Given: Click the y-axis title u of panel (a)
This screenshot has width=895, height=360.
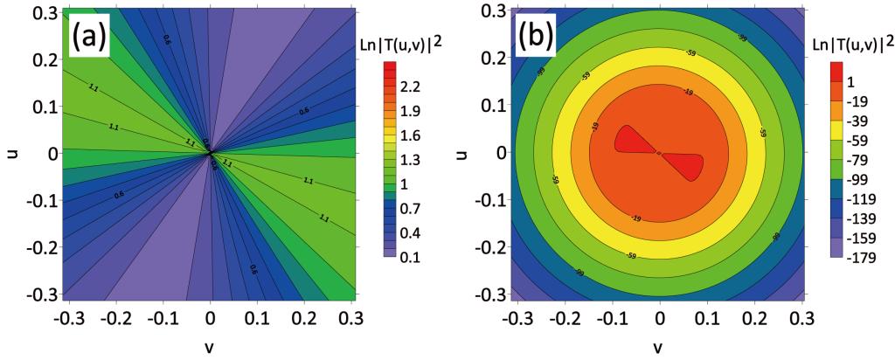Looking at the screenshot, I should [x=11, y=153].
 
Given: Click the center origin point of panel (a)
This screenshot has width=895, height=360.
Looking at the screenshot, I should [x=210, y=153].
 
